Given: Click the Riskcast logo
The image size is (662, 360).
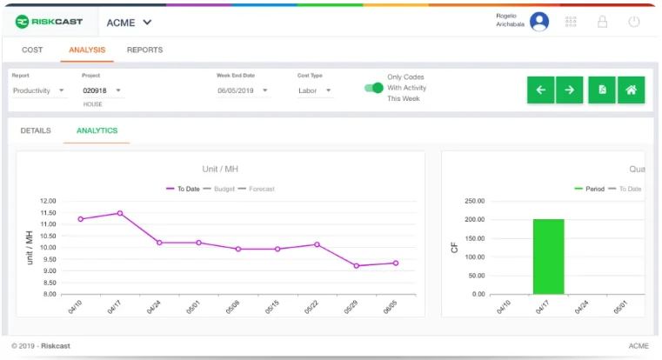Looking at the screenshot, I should point(49,22).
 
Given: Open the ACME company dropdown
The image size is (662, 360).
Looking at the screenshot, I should point(129,23).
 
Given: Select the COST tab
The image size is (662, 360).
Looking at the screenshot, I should point(32,50).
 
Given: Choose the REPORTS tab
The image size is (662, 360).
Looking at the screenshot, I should point(144,50).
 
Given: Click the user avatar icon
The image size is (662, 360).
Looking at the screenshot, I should point(539,22).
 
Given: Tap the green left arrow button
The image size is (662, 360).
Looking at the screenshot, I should point(540,90).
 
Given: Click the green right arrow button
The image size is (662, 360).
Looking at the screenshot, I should point(570,90).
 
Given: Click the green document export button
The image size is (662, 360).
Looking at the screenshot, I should point(602,90).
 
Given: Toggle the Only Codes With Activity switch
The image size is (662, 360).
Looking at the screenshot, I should point(373,88).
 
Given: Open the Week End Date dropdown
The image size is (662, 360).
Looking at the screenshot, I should point(244,90).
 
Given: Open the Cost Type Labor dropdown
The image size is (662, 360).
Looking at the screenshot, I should point(315,90).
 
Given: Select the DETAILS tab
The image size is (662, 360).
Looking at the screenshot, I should point(36,131).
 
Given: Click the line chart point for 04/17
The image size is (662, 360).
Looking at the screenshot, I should point(120,213).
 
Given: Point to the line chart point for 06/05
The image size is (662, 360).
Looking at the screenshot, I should point(396,263).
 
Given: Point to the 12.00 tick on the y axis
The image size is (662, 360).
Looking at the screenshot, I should point(48,201).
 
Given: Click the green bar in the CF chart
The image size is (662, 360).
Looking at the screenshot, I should point(548,257).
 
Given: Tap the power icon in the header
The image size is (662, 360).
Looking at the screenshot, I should point(633,22).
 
